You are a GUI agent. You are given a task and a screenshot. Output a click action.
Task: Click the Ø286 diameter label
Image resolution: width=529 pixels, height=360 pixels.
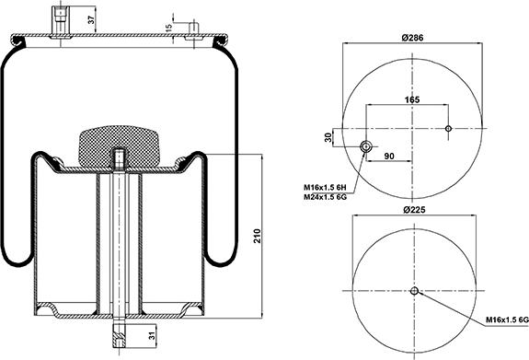click(x=412, y=38)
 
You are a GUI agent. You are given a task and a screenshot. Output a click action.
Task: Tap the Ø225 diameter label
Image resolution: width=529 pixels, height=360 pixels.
click(x=414, y=210)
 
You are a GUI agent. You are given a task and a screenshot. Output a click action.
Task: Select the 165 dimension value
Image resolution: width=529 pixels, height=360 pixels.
click(x=412, y=99)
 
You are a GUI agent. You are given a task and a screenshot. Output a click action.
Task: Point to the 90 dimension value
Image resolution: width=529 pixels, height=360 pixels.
click(x=389, y=156)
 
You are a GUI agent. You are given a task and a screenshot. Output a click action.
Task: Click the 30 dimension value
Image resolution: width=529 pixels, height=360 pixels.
click(x=328, y=137)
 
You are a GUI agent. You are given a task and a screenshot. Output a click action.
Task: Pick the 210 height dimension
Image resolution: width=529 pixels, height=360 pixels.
click(x=258, y=236)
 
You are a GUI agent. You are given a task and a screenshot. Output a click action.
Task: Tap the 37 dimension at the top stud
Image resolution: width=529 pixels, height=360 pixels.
click(x=91, y=20)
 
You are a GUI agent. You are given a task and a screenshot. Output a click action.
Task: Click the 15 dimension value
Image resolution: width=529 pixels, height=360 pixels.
click(x=169, y=27)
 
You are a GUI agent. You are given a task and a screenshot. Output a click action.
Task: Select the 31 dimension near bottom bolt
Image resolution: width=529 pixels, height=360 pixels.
click(x=152, y=336)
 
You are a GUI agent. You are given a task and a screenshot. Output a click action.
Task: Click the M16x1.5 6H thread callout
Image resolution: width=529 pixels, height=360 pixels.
click(x=326, y=187)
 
